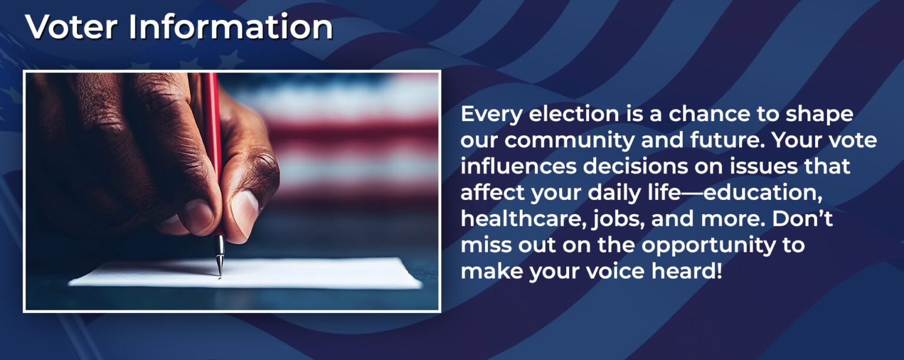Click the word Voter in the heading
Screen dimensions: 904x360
[x=71, y=26]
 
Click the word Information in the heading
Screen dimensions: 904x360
[x=231, y=26]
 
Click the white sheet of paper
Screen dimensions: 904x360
[x=245, y=273]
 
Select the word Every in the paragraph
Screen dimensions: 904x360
[x=491, y=114]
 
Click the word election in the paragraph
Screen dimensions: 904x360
[x=574, y=114]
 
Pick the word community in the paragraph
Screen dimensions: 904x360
[x=570, y=141]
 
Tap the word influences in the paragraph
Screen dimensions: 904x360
[x=519, y=166]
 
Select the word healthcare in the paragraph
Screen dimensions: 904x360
[x=523, y=219]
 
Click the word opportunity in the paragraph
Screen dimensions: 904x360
[x=709, y=245]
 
